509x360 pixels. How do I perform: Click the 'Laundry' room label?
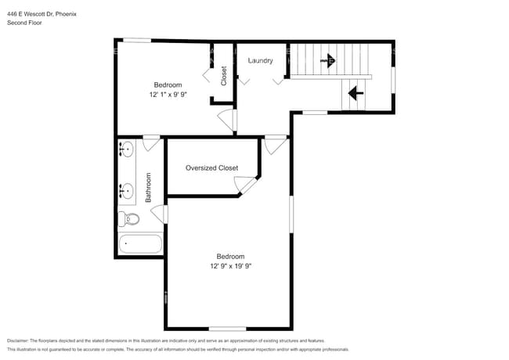260,61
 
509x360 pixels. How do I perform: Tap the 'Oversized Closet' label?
211,168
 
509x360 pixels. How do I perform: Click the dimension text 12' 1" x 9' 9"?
168,95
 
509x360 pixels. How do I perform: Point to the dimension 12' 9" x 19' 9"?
230,266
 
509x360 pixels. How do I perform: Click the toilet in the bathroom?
129,218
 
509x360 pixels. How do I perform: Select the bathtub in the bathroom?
140,244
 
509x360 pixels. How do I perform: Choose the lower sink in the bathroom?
126,189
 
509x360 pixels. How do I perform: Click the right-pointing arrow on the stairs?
327,59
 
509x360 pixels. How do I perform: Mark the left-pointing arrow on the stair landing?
354,94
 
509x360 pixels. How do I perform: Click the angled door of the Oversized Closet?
247,185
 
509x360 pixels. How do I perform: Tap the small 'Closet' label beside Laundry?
224,75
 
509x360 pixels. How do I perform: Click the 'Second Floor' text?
24,23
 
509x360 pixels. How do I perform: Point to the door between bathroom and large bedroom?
162,214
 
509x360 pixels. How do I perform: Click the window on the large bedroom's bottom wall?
227,328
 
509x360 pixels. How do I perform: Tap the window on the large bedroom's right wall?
292,214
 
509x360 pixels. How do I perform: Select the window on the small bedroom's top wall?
139,40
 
